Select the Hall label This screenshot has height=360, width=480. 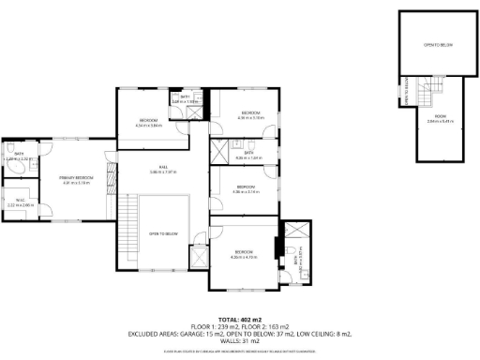click(x=163, y=170)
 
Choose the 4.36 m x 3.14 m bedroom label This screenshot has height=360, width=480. click(x=246, y=190)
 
